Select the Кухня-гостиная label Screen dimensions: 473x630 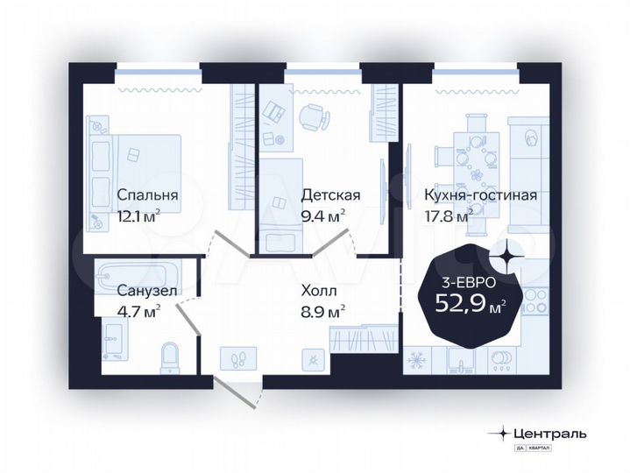coord(479,195)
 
